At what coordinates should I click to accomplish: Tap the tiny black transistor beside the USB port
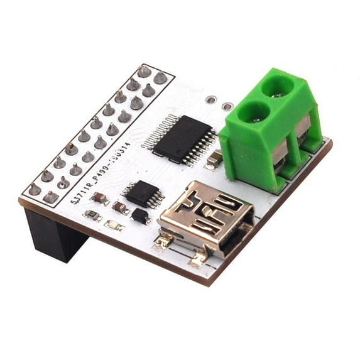pos(141,216)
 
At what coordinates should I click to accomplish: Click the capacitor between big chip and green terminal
pos(213,160)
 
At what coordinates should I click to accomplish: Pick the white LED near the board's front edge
pos(114,225)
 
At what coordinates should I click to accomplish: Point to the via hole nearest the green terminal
pos(227,106)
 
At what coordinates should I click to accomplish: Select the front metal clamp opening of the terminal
pos(281,154)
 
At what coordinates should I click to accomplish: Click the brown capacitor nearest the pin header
pos(99,198)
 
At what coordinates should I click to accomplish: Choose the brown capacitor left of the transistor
pos(119,207)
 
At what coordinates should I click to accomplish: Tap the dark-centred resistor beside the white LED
pos(93,216)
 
